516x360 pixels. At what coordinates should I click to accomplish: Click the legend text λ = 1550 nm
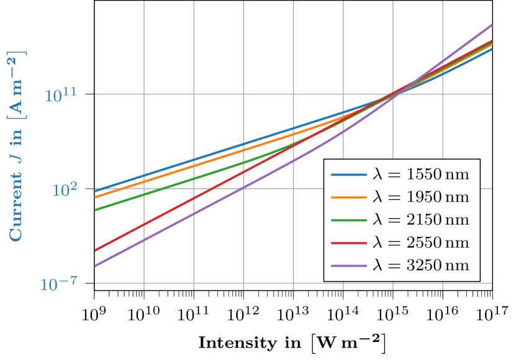tap(420, 174)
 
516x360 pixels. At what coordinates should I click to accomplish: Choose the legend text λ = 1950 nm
tap(420, 197)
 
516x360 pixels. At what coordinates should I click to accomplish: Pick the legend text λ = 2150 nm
tap(420, 220)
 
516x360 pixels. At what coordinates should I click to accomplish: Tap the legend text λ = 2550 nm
tap(420, 243)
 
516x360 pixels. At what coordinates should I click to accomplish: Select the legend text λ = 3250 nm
tap(420, 266)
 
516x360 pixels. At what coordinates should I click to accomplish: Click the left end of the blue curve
tap(96, 191)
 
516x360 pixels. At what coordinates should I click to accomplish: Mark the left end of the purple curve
tap(96, 266)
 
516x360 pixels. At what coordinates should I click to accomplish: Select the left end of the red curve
tap(96, 251)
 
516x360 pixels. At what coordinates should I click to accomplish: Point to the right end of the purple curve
tap(491, 25)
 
